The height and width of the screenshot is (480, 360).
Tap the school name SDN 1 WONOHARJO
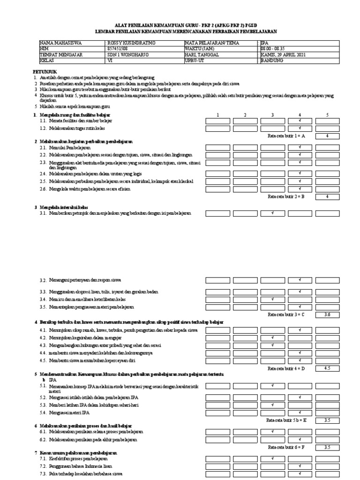[x=125, y=54]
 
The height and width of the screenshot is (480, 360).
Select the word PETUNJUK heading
[x=45, y=72]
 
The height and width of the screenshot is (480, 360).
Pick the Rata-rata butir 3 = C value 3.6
[x=328, y=314]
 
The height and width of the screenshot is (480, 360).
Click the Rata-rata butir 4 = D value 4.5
[x=328, y=368]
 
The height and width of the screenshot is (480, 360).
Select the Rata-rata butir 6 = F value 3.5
[x=328, y=447]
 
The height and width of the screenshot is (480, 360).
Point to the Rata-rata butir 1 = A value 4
[x=328, y=136]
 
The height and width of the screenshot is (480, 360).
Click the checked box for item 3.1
[x=273, y=213]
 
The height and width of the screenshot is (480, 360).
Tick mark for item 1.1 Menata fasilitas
[x=300, y=121]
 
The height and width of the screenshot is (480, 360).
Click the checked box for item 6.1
[x=273, y=432]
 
